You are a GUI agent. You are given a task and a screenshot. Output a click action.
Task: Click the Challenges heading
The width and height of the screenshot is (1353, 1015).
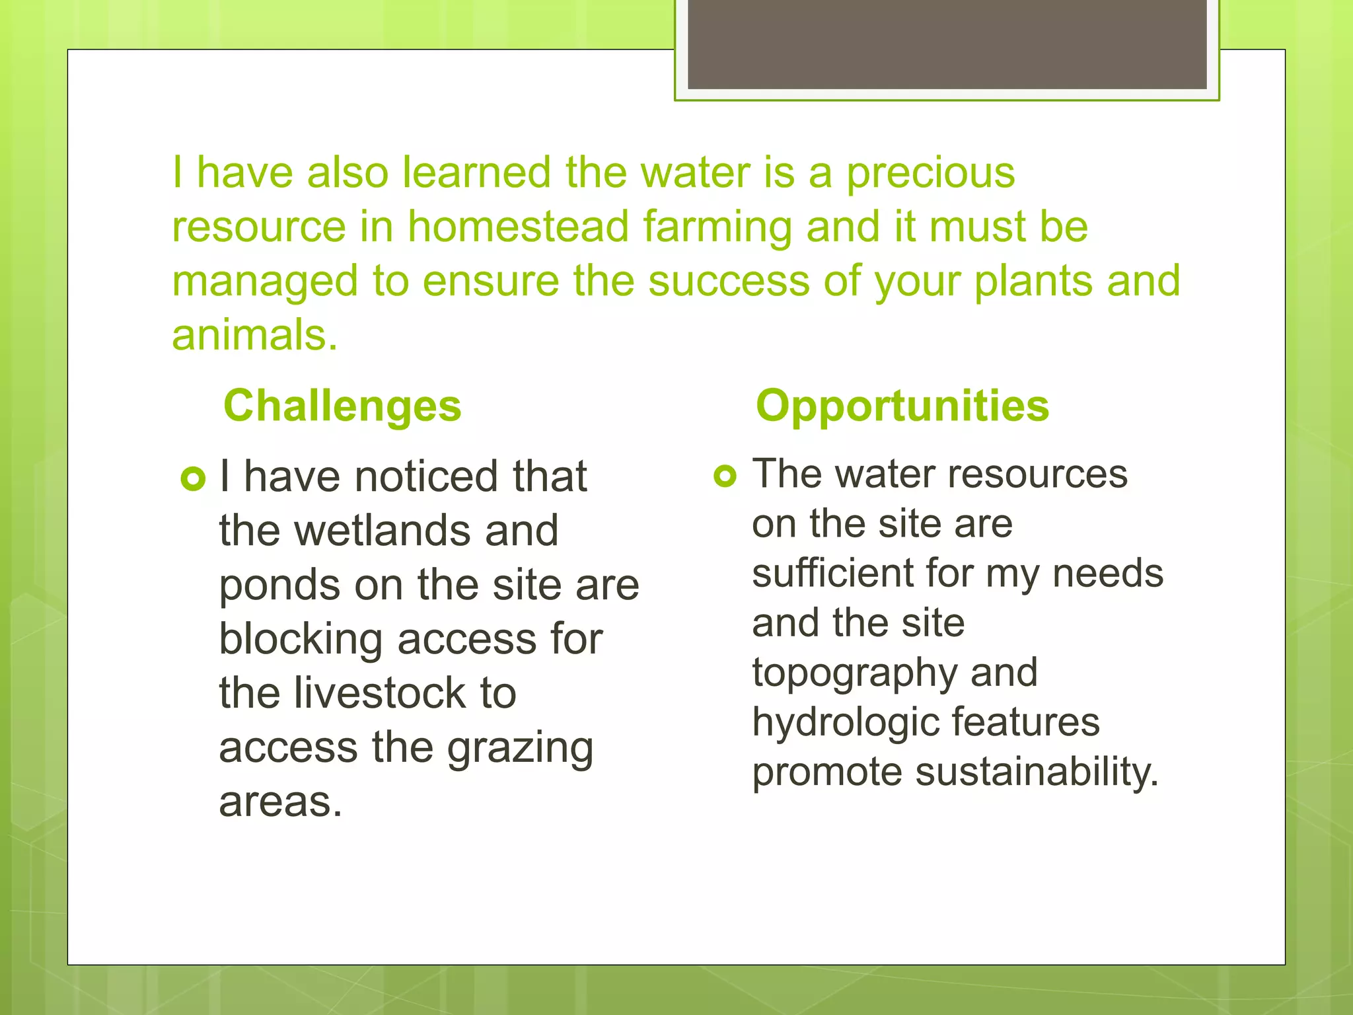pyautogui.click(x=342, y=406)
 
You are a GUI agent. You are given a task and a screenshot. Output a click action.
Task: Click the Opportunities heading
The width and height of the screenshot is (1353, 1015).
pyautogui.click(x=902, y=406)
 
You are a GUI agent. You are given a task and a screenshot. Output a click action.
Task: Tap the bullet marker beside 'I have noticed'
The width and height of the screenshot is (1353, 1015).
pyautogui.click(x=193, y=479)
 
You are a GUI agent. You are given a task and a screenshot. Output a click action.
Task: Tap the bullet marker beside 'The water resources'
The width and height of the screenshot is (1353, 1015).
pyautogui.click(x=725, y=476)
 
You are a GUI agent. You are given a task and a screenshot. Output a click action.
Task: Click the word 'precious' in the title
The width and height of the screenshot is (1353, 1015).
pyautogui.click(x=931, y=173)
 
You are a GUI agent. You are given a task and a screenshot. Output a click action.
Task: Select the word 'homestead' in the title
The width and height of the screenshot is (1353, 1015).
pyautogui.click(x=517, y=227)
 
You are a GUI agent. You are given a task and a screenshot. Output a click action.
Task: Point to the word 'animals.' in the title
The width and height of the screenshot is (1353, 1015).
pyautogui.click(x=254, y=335)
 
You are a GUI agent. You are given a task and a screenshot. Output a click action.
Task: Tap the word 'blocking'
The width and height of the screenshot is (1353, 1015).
pyautogui.click(x=301, y=640)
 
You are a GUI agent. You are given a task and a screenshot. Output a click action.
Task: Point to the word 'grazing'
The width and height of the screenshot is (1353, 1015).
pyautogui.click(x=520, y=749)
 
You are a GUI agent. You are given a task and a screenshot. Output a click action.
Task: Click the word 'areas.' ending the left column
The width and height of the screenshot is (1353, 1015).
pyautogui.click(x=280, y=802)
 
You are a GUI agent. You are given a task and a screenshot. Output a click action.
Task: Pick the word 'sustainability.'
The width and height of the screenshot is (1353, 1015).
pyautogui.click(x=1037, y=772)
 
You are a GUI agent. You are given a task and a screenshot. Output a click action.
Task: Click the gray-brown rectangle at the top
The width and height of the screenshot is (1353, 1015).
pyautogui.click(x=947, y=44)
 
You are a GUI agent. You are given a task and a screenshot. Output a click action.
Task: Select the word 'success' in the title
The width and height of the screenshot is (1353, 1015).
pyautogui.click(x=729, y=281)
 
